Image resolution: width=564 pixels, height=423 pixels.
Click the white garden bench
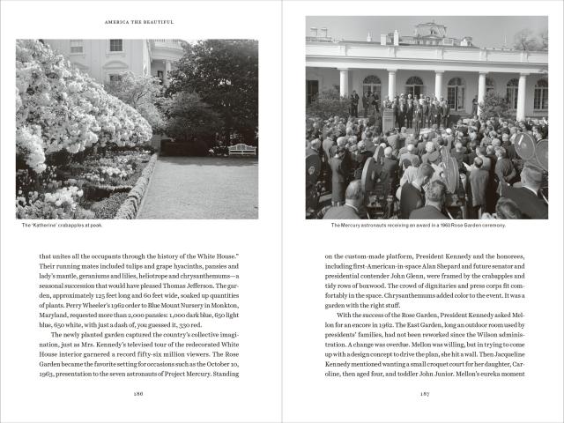242,149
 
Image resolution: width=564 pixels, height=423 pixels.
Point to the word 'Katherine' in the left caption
51,226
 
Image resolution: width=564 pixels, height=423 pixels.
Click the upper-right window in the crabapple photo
160,46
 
